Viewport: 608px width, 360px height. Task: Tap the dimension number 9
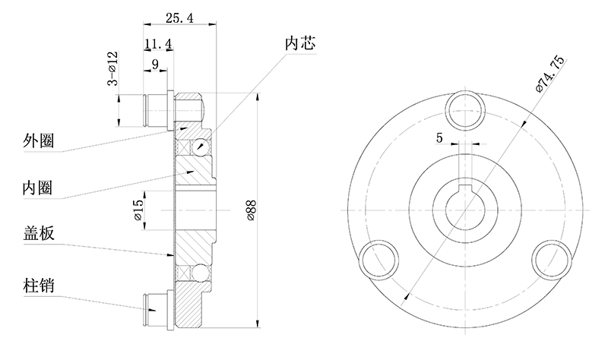pos(155,66)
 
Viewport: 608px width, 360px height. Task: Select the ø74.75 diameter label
pos(549,74)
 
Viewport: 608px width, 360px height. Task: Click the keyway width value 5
pos(439,137)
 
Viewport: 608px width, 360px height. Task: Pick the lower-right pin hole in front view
pos(549,259)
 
